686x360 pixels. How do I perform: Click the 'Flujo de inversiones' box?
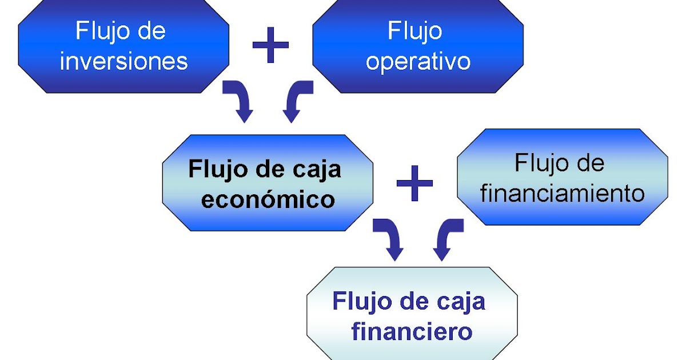[x=123, y=46]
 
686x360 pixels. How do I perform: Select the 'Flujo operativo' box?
[x=418, y=46]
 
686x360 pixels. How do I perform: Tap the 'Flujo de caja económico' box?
[x=268, y=183]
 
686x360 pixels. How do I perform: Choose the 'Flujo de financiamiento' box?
[x=563, y=177]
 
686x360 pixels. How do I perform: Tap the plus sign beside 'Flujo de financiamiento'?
[x=415, y=183]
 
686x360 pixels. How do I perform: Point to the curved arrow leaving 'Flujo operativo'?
[x=296, y=102]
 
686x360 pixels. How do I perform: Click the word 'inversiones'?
[x=123, y=61]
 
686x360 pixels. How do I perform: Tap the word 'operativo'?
[x=418, y=61]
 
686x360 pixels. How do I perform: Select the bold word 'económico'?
[x=268, y=199]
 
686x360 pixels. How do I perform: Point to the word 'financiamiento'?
[x=563, y=193]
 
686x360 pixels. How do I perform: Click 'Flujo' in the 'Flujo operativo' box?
[x=415, y=30]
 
